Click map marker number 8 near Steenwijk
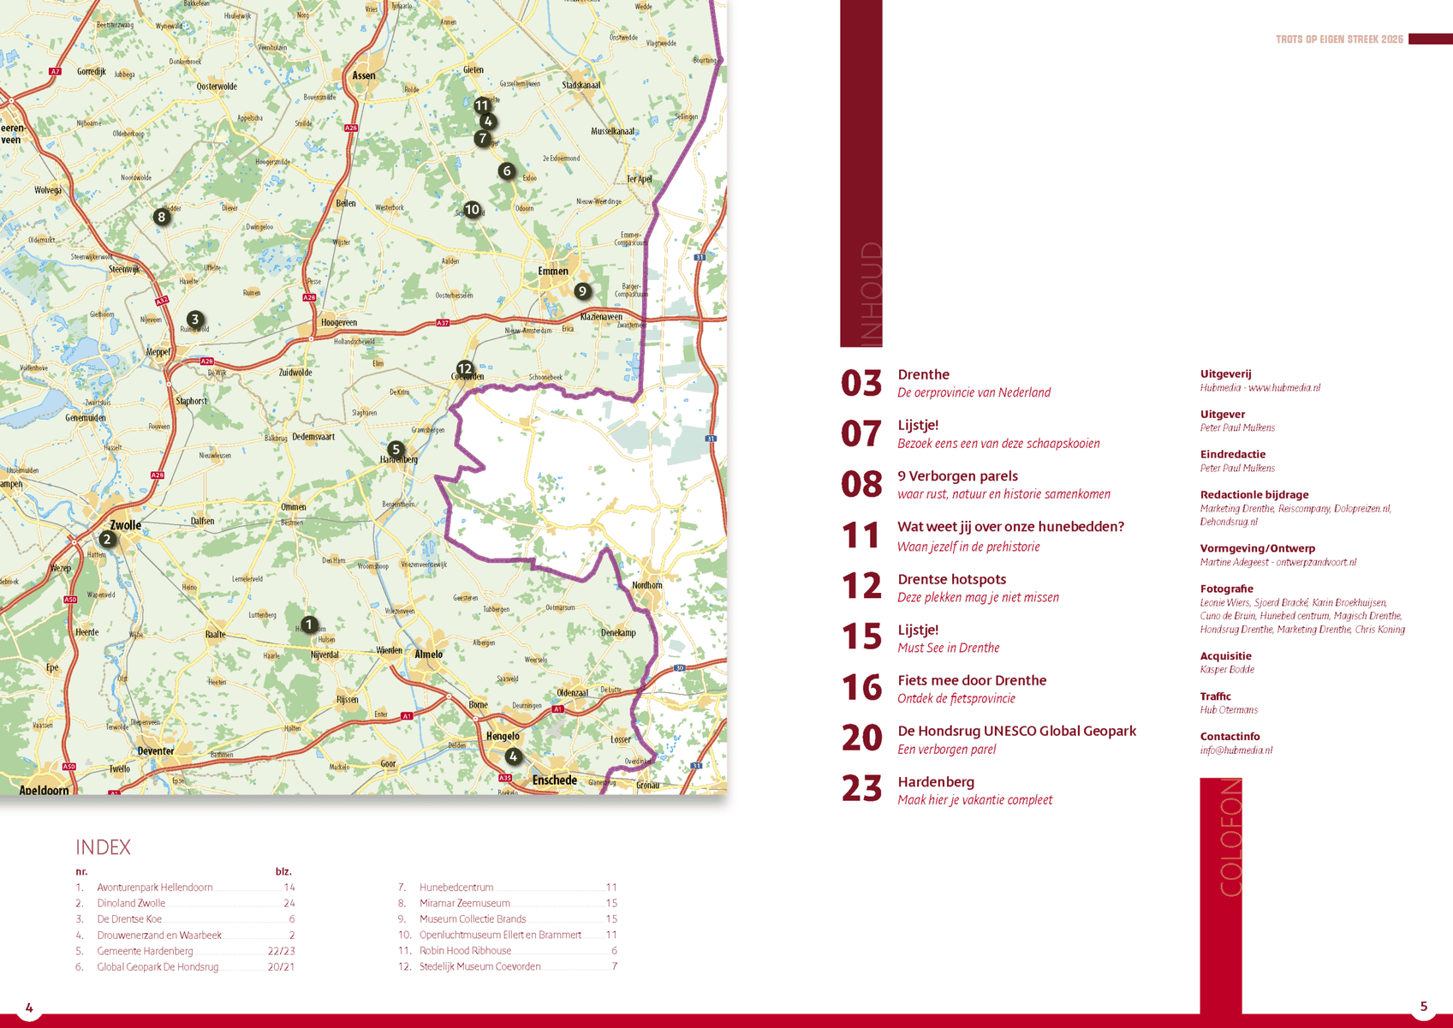click(x=161, y=217)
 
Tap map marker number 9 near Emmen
click(x=582, y=291)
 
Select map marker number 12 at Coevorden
click(x=464, y=368)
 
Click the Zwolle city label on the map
click(x=125, y=525)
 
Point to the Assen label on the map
click(x=364, y=75)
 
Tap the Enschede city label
click(x=554, y=780)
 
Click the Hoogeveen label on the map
click(x=338, y=322)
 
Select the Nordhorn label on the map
click(x=646, y=585)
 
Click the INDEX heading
click(x=103, y=847)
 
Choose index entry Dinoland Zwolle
click(x=131, y=903)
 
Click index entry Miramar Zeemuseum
click(x=464, y=903)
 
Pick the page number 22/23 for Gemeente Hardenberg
click(x=281, y=951)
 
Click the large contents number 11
click(x=860, y=535)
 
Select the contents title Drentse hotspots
click(x=951, y=579)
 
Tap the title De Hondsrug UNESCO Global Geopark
click(x=1016, y=731)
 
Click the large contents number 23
click(x=861, y=788)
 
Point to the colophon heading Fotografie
click(x=1226, y=589)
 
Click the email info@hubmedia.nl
click(x=1236, y=750)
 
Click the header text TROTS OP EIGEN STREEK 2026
click(x=1339, y=39)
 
